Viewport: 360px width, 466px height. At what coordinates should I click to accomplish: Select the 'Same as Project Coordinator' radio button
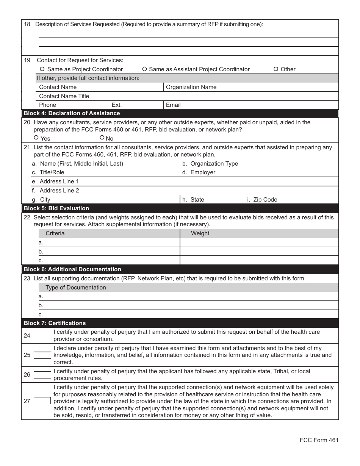coord(42,69)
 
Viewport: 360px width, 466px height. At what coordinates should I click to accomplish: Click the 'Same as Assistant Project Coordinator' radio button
coord(144,69)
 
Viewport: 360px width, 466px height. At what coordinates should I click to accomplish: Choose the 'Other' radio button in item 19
coord(276,69)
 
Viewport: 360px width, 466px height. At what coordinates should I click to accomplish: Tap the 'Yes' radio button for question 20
coord(36,138)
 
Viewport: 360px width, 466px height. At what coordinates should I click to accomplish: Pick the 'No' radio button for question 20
coord(102,138)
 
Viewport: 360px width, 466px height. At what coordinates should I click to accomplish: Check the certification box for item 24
coord(42,336)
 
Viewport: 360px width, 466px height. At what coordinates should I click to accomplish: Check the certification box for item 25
coord(42,355)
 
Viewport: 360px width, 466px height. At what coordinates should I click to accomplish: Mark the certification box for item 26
coord(42,375)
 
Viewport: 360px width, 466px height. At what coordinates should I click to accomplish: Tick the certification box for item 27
coord(42,401)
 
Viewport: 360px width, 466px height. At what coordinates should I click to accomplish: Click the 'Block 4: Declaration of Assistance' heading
coord(72,113)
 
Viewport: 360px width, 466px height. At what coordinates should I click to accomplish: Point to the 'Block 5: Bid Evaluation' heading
coord(56,208)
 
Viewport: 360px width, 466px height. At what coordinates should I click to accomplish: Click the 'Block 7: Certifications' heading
coord(55,323)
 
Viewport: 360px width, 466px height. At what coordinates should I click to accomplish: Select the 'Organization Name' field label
coord(191,87)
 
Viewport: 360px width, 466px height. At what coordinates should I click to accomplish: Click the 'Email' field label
coord(173,105)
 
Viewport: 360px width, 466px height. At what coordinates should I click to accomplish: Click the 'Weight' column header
coord(200,233)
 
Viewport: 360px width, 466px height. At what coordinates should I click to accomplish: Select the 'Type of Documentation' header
coord(76,288)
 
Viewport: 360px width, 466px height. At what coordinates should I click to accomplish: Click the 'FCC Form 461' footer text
coord(319,440)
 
